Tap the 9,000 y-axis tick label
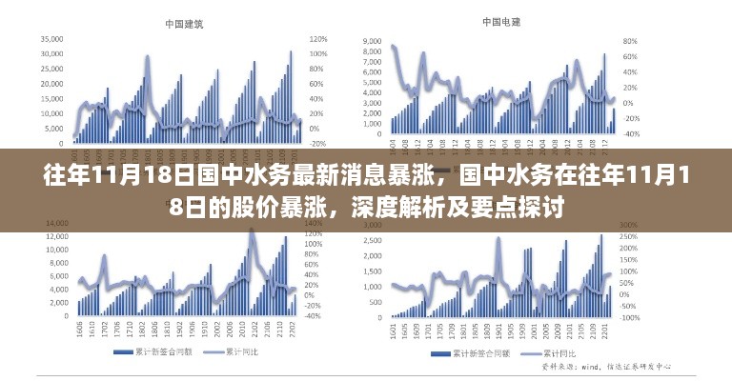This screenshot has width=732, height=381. [x=372, y=42]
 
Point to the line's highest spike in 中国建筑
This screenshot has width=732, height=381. [x=148, y=57]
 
